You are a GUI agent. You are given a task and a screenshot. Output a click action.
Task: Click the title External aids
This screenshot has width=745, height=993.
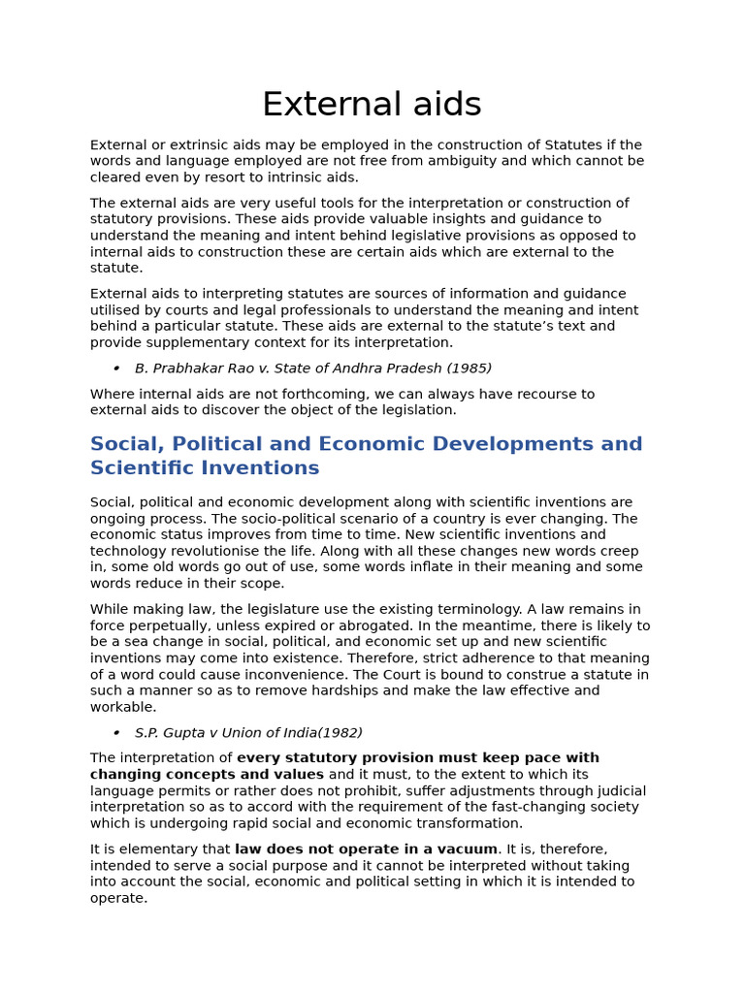372,105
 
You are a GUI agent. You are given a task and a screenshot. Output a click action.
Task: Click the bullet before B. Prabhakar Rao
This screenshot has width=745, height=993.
116,368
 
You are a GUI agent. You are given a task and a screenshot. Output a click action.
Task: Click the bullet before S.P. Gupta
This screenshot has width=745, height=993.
116,733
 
